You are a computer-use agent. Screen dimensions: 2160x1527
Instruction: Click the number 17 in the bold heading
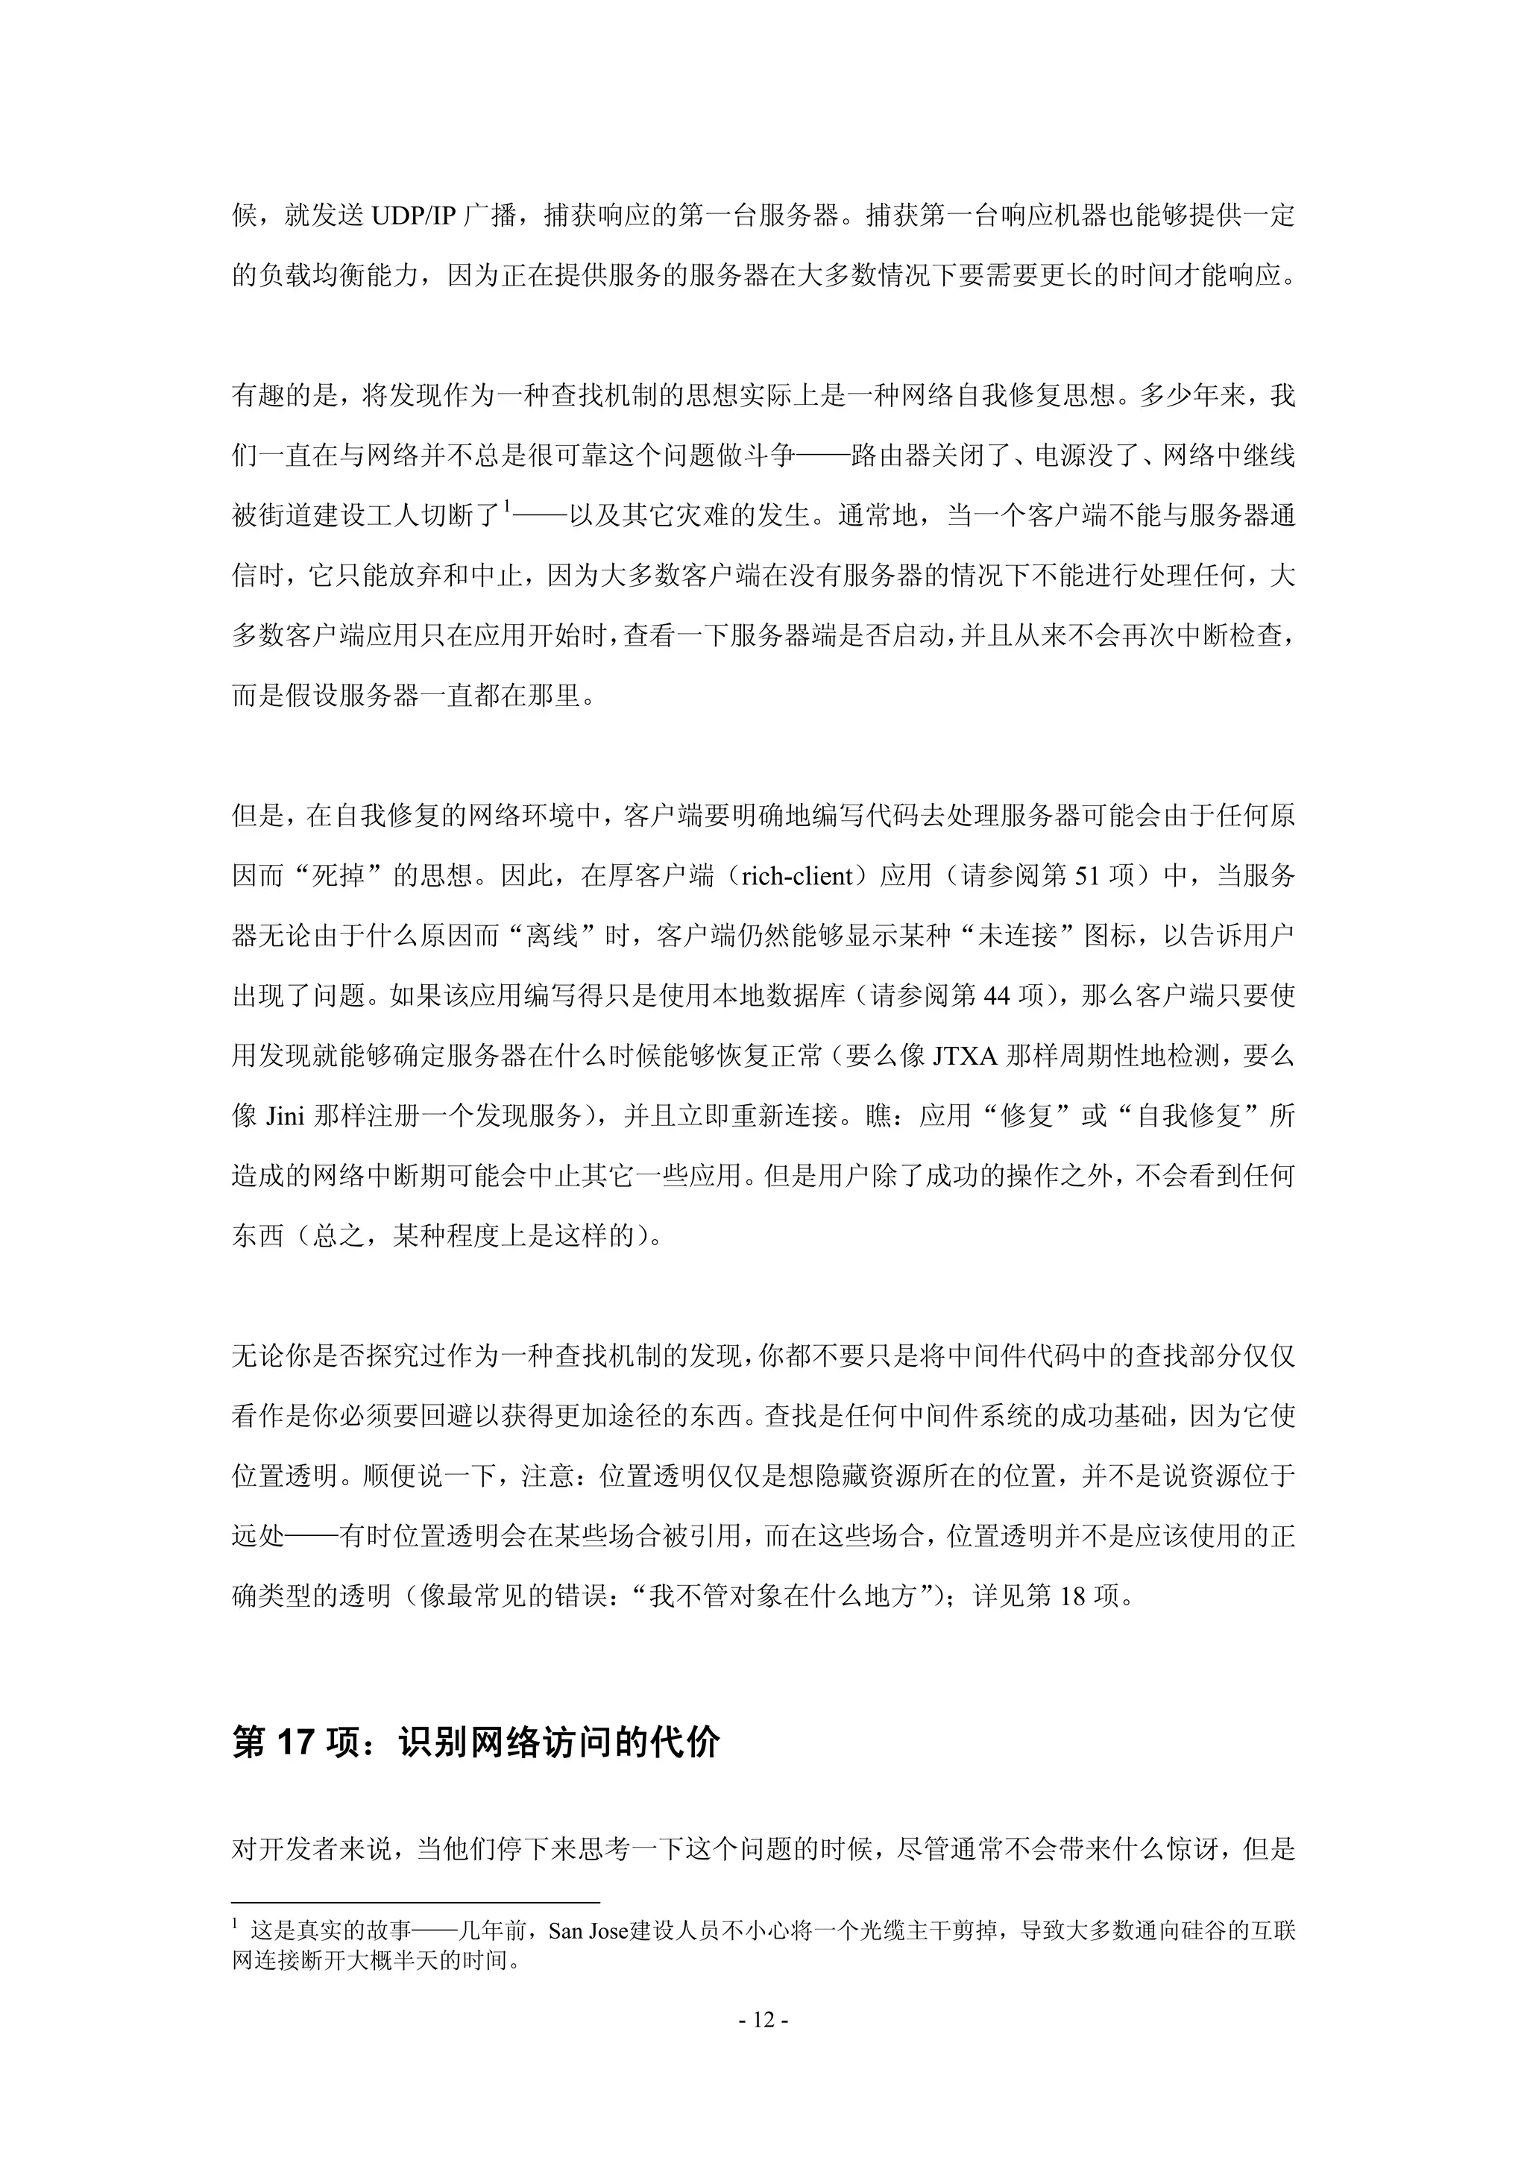295,1743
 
